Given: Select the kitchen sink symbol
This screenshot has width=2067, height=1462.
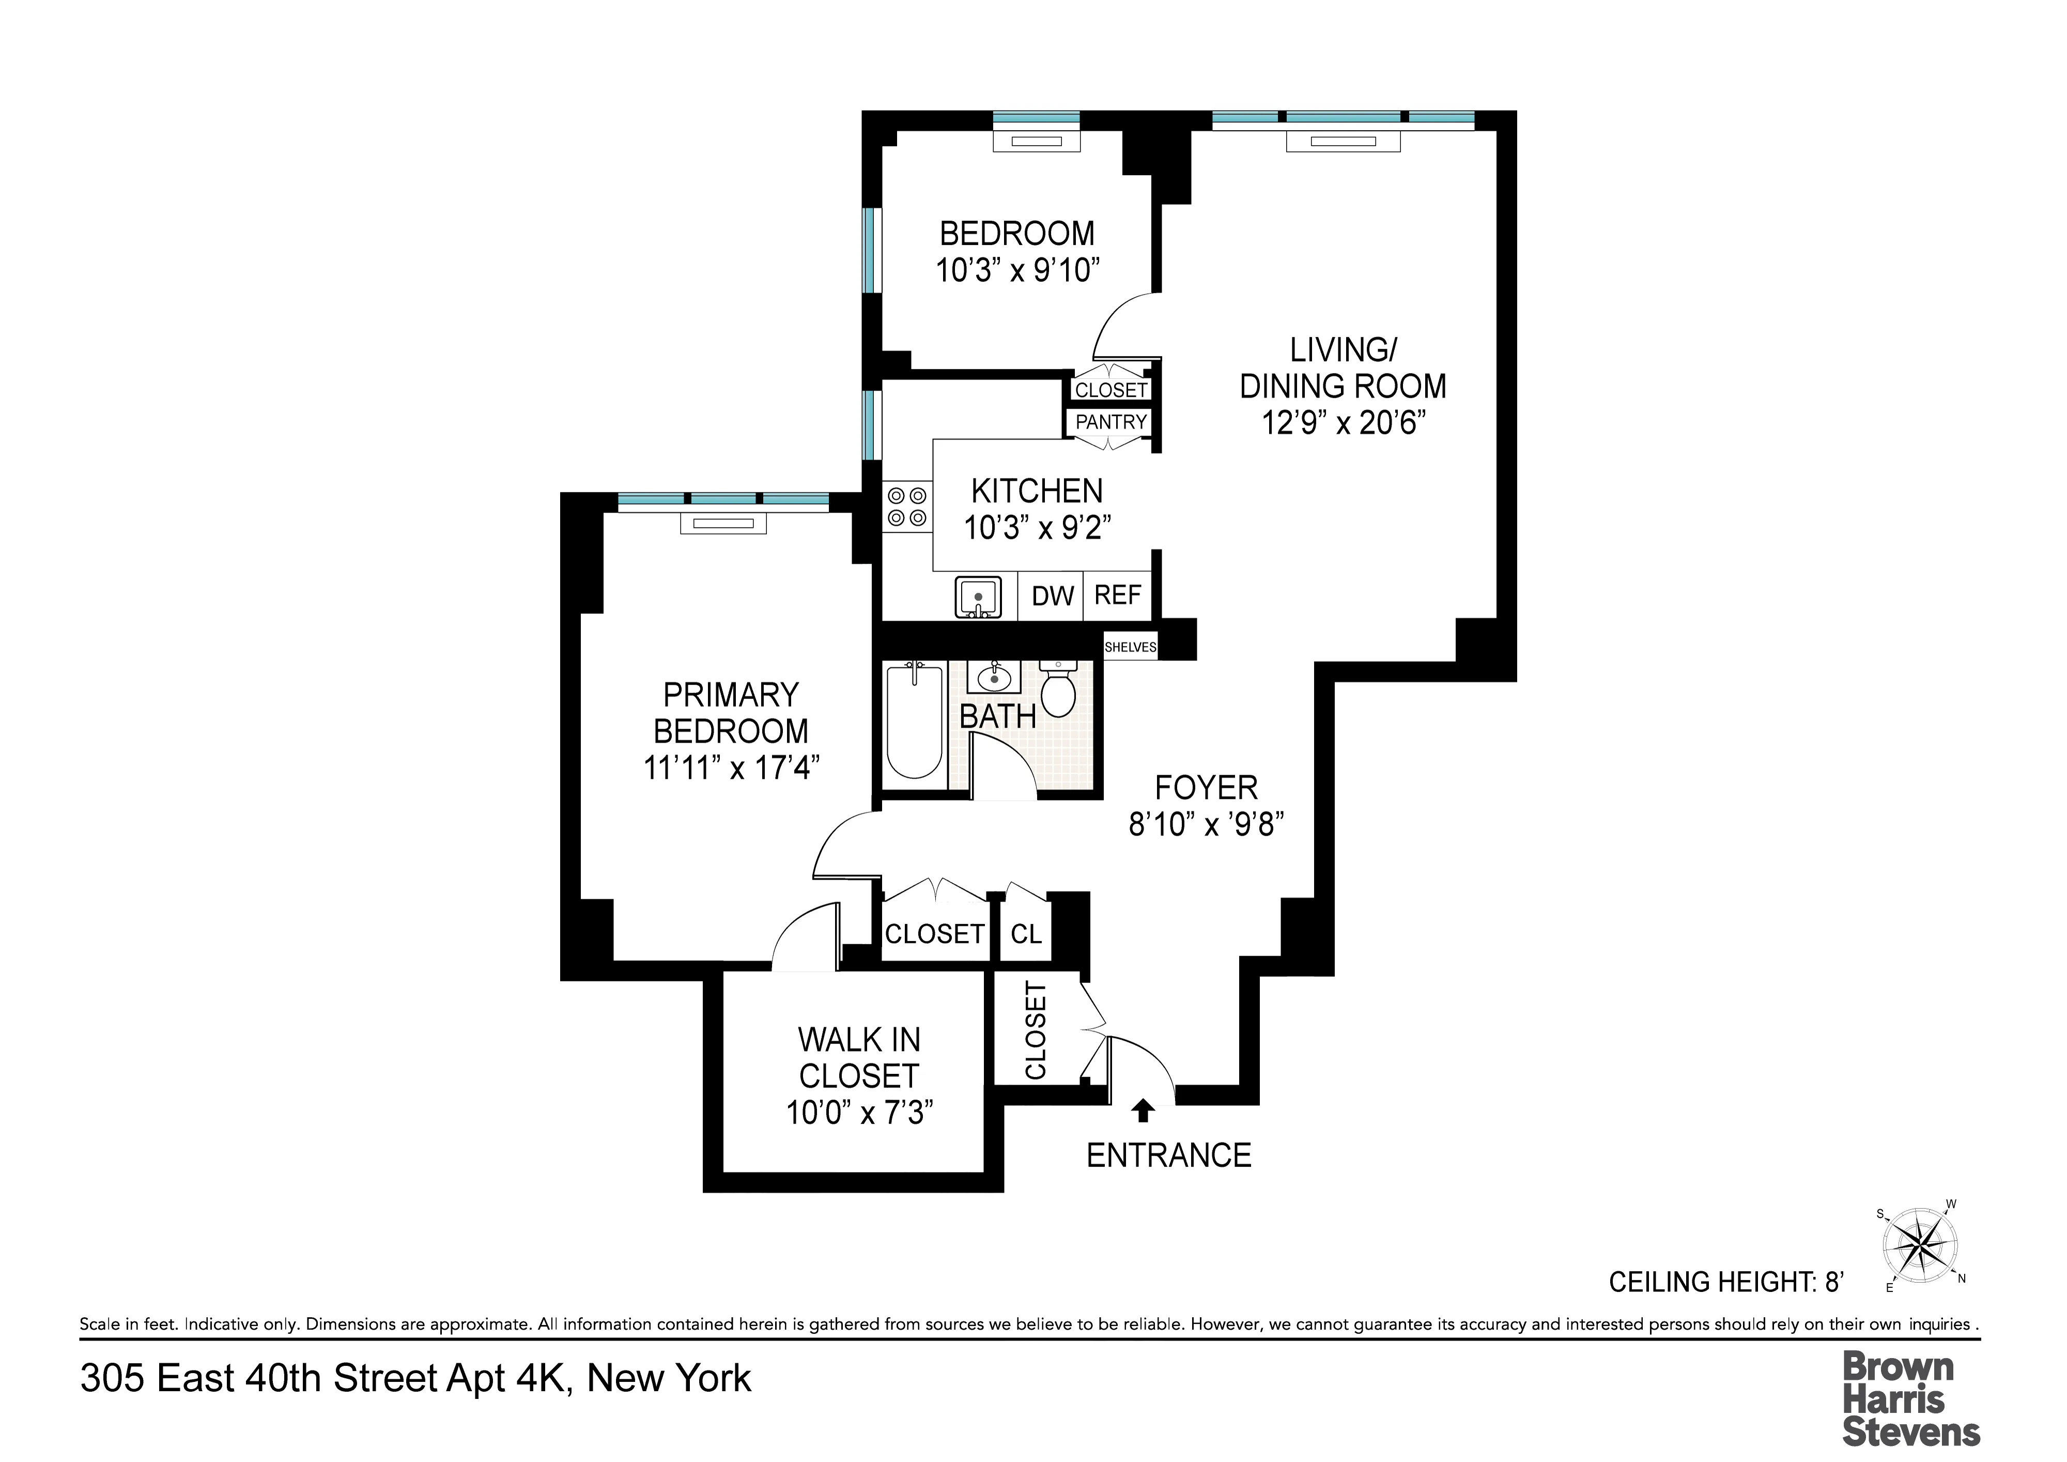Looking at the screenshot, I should (x=978, y=597).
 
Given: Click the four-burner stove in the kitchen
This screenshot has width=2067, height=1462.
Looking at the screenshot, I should (x=906, y=507).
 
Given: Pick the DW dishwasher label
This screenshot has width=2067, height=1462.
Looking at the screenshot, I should (x=1053, y=596).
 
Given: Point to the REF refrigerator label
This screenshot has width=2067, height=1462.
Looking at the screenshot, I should (x=1117, y=595).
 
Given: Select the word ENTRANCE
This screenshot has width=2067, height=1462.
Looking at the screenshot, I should (x=1168, y=1156).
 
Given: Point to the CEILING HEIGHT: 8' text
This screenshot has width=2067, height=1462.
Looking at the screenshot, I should (x=1726, y=1282).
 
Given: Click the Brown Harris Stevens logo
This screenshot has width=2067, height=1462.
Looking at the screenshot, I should (x=1910, y=1399).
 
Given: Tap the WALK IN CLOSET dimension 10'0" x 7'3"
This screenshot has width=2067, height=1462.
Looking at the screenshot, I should (x=859, y=1114).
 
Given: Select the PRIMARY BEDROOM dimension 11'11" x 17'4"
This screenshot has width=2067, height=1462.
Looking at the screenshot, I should (x=731, y=768).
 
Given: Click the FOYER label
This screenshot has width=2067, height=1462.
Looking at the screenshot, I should (x=1206, y=788).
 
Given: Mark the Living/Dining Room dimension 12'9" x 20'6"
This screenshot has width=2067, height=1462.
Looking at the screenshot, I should (x=1343, y=422).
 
